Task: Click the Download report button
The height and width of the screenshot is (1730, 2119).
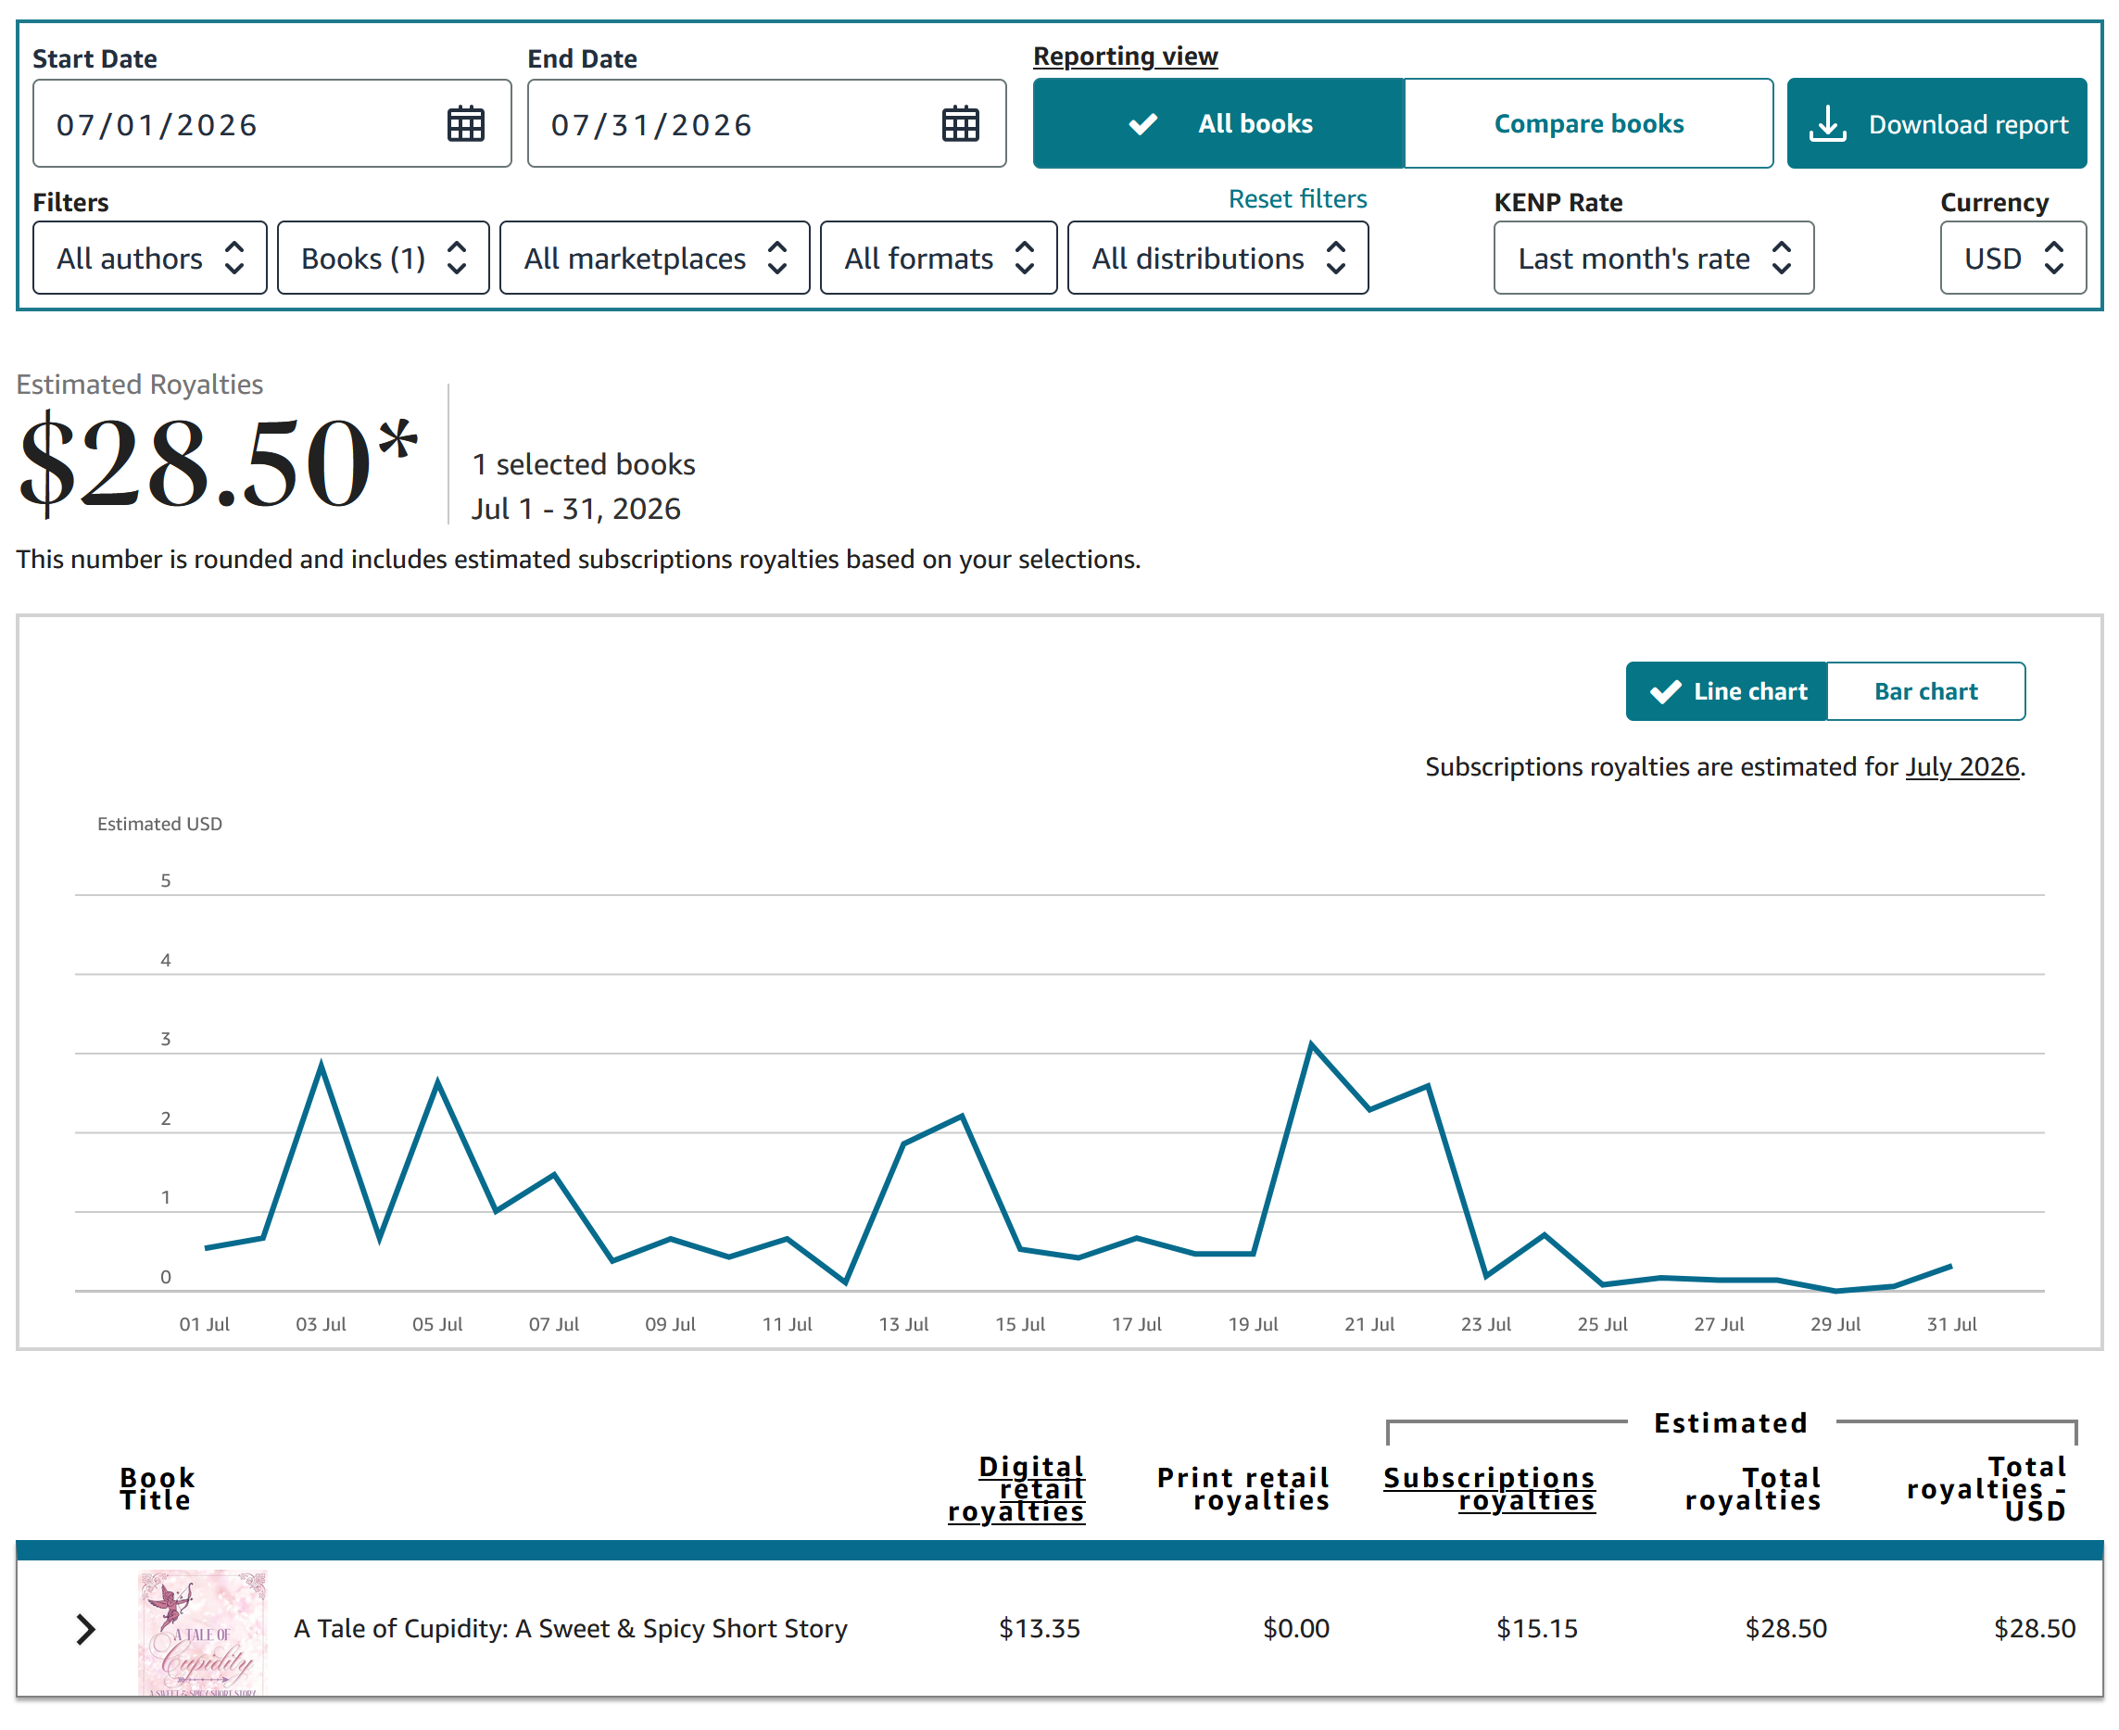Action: [1936, 123]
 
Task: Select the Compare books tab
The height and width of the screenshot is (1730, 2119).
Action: [1588, 123]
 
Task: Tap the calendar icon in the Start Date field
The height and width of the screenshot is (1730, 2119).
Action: [465, 123]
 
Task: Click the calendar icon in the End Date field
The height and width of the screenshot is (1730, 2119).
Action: [961, 123]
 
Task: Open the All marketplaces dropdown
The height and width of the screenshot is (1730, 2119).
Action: [654, 259]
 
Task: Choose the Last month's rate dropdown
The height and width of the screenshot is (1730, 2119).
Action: [1653, 259]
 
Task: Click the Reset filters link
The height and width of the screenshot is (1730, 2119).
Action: [1297, 199]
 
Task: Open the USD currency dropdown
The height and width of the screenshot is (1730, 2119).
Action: [2012, 259]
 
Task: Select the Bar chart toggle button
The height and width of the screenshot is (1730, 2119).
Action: [1924, 690]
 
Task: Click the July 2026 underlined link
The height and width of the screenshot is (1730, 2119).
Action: [1961, 766]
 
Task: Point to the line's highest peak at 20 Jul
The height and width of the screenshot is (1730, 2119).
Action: [1311, 1043]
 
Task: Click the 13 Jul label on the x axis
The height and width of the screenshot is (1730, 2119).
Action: [902, 1323]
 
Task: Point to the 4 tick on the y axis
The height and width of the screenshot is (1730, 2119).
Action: [165, 960]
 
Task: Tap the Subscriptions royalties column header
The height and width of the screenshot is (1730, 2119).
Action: [1488, 1488]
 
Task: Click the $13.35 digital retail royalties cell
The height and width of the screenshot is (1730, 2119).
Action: [1039, 1627]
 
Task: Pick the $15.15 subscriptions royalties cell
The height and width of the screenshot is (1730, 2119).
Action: [1536, 1627]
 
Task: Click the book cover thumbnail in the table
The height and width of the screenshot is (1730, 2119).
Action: [202, 1632]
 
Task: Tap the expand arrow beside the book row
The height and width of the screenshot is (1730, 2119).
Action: [85, 1628]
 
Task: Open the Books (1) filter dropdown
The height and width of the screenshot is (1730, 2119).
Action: [383, 259]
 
